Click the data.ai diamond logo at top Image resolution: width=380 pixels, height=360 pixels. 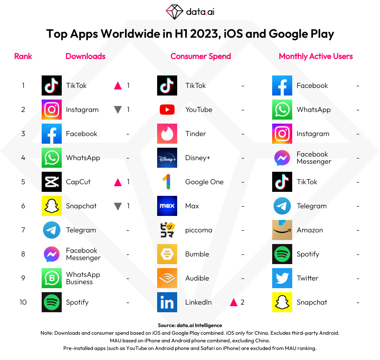(174, 12)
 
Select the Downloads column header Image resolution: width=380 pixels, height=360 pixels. (85, 56)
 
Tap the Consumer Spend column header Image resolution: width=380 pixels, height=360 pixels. (200, 56)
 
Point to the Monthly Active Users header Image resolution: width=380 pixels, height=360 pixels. (316, 56)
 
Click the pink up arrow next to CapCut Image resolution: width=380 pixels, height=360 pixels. (118, 182)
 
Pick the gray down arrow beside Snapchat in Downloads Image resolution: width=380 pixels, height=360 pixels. (118, 206)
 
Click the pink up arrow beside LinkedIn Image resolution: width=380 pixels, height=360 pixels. (234, 302)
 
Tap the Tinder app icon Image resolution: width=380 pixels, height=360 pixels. (167, 134)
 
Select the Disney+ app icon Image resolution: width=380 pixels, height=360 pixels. (167, 158)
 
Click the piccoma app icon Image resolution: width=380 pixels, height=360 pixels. (167, 230)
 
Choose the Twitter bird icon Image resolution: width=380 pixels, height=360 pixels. (282, 278)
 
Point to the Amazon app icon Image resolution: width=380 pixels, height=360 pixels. (282, 230)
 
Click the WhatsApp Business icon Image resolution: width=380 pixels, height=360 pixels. (52, 278)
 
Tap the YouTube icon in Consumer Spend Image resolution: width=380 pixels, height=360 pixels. (167, 110)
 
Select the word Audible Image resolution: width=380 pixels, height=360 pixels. (197, 278)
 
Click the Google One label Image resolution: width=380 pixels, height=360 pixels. (204, 182)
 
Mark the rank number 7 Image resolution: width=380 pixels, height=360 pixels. (23, 230)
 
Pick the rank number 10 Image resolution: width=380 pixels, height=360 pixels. (23, 302)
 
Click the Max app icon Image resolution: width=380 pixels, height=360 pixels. (167, 206)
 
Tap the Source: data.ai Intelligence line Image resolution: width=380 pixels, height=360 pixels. (190, 325)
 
